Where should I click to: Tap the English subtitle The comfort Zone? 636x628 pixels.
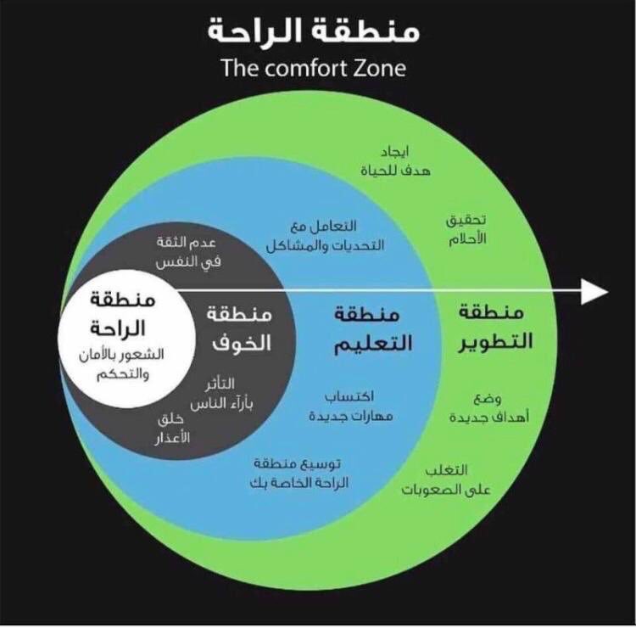coord(313,68)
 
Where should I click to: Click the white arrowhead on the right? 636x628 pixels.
coord(596,291)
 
